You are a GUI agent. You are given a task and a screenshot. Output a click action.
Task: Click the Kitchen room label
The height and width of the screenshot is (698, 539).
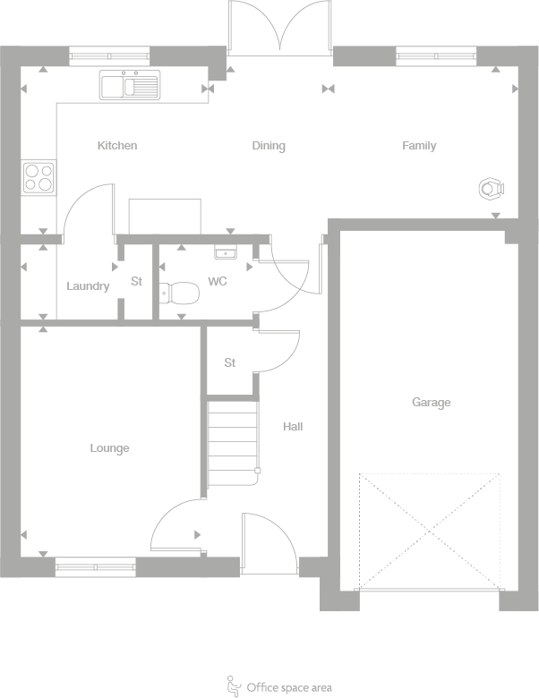pyautogui.click(x=117, y=146)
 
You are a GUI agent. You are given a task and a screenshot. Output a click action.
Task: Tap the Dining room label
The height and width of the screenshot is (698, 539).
pyautogui.click(x=269, y=146)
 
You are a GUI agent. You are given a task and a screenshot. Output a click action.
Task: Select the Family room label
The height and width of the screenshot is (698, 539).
pyautogui.click(x=419, y=146)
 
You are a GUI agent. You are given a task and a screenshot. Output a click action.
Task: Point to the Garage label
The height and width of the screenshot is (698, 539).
pyautogui.click(x=431, y=403)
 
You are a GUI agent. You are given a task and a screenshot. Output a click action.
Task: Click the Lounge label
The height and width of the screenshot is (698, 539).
pyautogui.click(x=109, y=448)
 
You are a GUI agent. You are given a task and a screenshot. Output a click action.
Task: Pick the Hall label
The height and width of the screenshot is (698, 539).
pyautogui.click(x=293, y=427)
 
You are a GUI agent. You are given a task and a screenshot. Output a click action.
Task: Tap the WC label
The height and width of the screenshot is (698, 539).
pyautogui.click(x=218, y=281)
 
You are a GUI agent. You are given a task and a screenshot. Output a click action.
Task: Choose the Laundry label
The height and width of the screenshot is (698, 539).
pyautogui.click(x=88, y=286)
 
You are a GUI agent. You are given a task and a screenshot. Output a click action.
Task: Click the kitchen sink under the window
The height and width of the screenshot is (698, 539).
pyautogui.click(x=129, y=86)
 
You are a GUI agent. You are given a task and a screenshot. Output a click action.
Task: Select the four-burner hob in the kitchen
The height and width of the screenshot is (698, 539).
pyautogui.click(x=38, y=177)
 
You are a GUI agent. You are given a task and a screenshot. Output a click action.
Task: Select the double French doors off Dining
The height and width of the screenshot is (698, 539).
pyautogui.click(x=280, y=29)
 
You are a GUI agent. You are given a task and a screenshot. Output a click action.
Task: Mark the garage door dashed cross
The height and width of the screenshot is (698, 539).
pyautogui.click(x=429, y=531)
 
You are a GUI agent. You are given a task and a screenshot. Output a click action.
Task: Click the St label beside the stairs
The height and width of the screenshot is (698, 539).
pyautogui.click(x=230, y=363)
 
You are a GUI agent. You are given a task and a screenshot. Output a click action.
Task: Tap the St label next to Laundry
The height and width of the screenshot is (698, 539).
pyautogui.click(x=137, y=281)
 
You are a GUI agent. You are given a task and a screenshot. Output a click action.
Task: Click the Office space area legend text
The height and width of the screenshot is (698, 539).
pyautogui.click(x=289, y=687)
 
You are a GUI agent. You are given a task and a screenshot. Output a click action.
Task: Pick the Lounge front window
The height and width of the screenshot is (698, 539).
pyautogui.click(x=96, y=566)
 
